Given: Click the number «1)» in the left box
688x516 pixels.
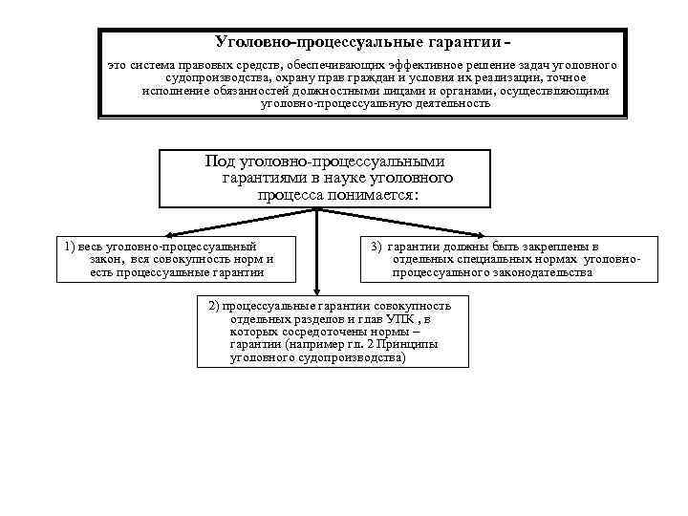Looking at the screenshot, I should [x=72, y=246].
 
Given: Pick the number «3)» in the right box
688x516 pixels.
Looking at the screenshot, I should [x=376, y=246].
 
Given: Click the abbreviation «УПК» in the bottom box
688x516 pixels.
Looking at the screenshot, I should [x=397, y=318].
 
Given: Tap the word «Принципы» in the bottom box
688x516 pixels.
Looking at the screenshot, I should [x=411, y=344].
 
